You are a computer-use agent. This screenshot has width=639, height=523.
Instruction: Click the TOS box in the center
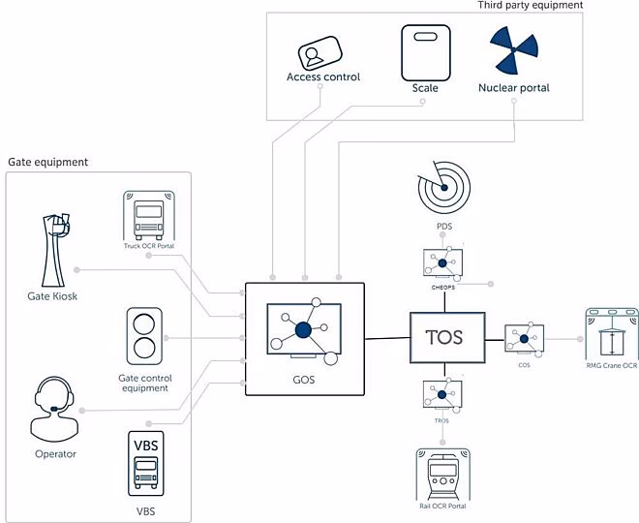tap(445, 338)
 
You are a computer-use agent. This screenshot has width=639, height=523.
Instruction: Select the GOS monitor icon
tap(303, 329)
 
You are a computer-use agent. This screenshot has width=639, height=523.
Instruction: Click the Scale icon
tap(425, 51)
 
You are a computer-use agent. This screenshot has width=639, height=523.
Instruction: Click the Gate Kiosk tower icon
tap(57, 246)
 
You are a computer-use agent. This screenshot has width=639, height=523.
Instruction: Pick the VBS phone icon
tap(145, 462)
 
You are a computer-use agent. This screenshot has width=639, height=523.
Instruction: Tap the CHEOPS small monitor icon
tap(442, 261)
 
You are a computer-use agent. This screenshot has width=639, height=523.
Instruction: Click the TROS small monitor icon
tap(441, 392)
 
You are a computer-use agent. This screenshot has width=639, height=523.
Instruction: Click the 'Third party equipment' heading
tap(530, 6)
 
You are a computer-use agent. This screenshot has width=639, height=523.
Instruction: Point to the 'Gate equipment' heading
tap(48, 162)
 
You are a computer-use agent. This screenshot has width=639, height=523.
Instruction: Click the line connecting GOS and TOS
tap(386, 338)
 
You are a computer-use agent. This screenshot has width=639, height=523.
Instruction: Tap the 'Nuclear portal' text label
tap(513, 88)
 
